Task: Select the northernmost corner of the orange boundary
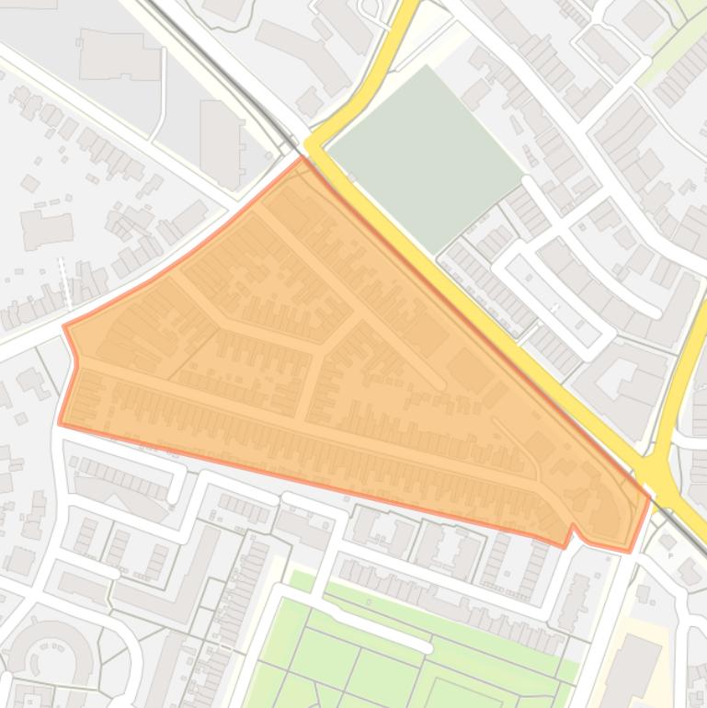pos(302,158)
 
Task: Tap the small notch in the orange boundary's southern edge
pos(572,530)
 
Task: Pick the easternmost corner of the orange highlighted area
pos(649,497)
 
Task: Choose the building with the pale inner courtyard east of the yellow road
pos(625,368)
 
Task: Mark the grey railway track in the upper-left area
pos(211,64)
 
